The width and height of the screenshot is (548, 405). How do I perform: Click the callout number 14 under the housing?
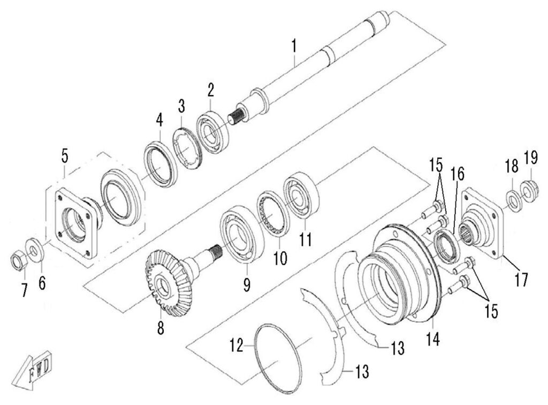click(x=433, y=339)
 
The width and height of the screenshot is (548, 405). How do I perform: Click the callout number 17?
click(x=521, y=279)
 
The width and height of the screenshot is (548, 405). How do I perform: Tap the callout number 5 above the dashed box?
click(x=64, y=156)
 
